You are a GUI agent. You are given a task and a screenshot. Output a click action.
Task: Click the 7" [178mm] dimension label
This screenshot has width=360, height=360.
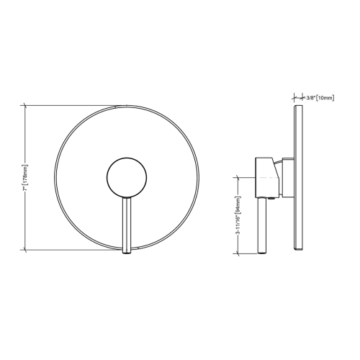click(x=26, y=177)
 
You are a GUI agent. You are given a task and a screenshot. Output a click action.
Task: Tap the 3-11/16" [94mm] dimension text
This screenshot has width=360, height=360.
click(x=238, y=215)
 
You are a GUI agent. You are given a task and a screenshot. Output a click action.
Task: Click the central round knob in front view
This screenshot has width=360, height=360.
click(x=127, y=176)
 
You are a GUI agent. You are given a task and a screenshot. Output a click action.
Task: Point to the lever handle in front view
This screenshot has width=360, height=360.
click(x=127, y=223)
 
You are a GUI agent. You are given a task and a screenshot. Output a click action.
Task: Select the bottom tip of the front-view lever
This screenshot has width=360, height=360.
click(x=127, y=251)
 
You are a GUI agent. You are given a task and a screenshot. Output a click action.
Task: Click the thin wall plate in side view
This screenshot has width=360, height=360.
click(x=297, y=177)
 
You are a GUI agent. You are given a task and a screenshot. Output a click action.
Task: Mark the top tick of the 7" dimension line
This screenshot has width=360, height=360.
click(x=26, y=106)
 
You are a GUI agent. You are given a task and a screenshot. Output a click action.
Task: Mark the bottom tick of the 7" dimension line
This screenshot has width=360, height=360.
click(x=26, y=249)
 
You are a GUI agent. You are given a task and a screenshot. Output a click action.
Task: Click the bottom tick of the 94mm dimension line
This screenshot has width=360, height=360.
click(x=238, y=253)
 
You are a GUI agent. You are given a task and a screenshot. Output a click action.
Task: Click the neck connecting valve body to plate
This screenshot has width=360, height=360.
click(x=287, y=176)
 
